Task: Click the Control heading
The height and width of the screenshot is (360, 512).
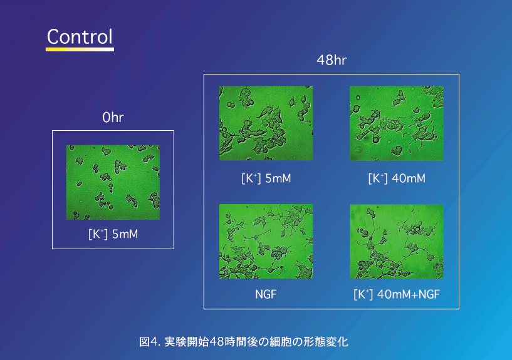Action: point(80,36)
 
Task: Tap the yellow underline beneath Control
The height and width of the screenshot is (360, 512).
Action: point(80,49)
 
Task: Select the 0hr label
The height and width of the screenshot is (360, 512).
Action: point(113,118)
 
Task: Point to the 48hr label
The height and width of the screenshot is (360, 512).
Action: point(332,60)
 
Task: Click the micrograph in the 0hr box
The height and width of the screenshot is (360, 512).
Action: point(113,182)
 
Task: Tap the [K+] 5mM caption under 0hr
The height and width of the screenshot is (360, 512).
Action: point(113,234)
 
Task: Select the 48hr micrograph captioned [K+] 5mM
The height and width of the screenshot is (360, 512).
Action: point(266,123)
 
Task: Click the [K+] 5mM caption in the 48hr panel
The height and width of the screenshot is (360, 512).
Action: point(266,178)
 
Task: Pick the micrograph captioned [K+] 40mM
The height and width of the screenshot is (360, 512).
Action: point(397,123)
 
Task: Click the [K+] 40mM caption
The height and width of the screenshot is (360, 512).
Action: point(397,178)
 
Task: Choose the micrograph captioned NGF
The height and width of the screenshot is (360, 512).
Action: point(266,241)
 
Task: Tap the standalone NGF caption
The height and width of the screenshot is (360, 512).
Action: point(266,294)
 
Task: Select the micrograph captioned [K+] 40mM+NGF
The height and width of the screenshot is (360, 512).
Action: point(397,241)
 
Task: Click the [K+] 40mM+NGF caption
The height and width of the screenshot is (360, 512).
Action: point(397,294)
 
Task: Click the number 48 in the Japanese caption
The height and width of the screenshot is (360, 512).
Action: point(216,342)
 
